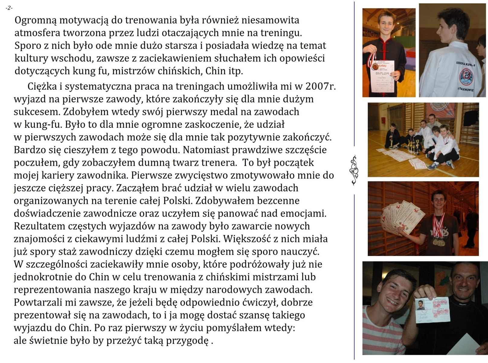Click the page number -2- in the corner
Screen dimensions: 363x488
click(x=9, y=8)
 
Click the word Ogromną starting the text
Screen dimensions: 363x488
click(x=36, y=21)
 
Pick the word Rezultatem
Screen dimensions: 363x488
click(x=40, y=226)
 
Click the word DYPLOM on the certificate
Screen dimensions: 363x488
click(x=382, y=73)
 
